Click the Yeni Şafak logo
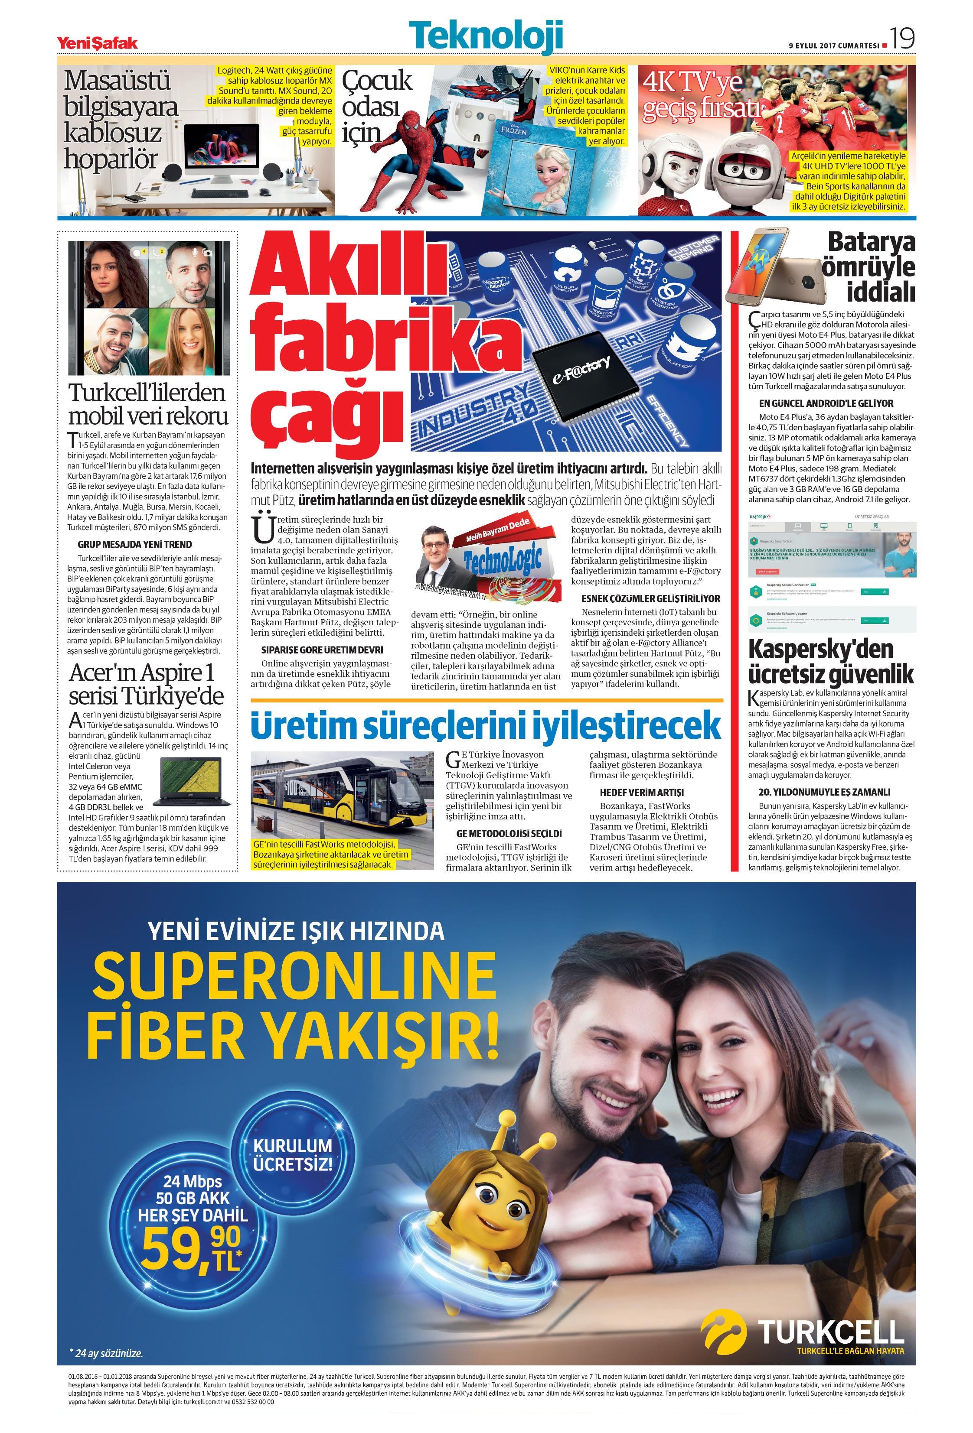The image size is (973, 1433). click(x=97, y=42)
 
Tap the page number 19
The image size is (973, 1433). click(x=901, y=39)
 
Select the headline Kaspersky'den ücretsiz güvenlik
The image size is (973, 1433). click(x=830, y=662)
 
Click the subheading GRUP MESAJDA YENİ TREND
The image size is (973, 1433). click(x=134, y=544)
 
